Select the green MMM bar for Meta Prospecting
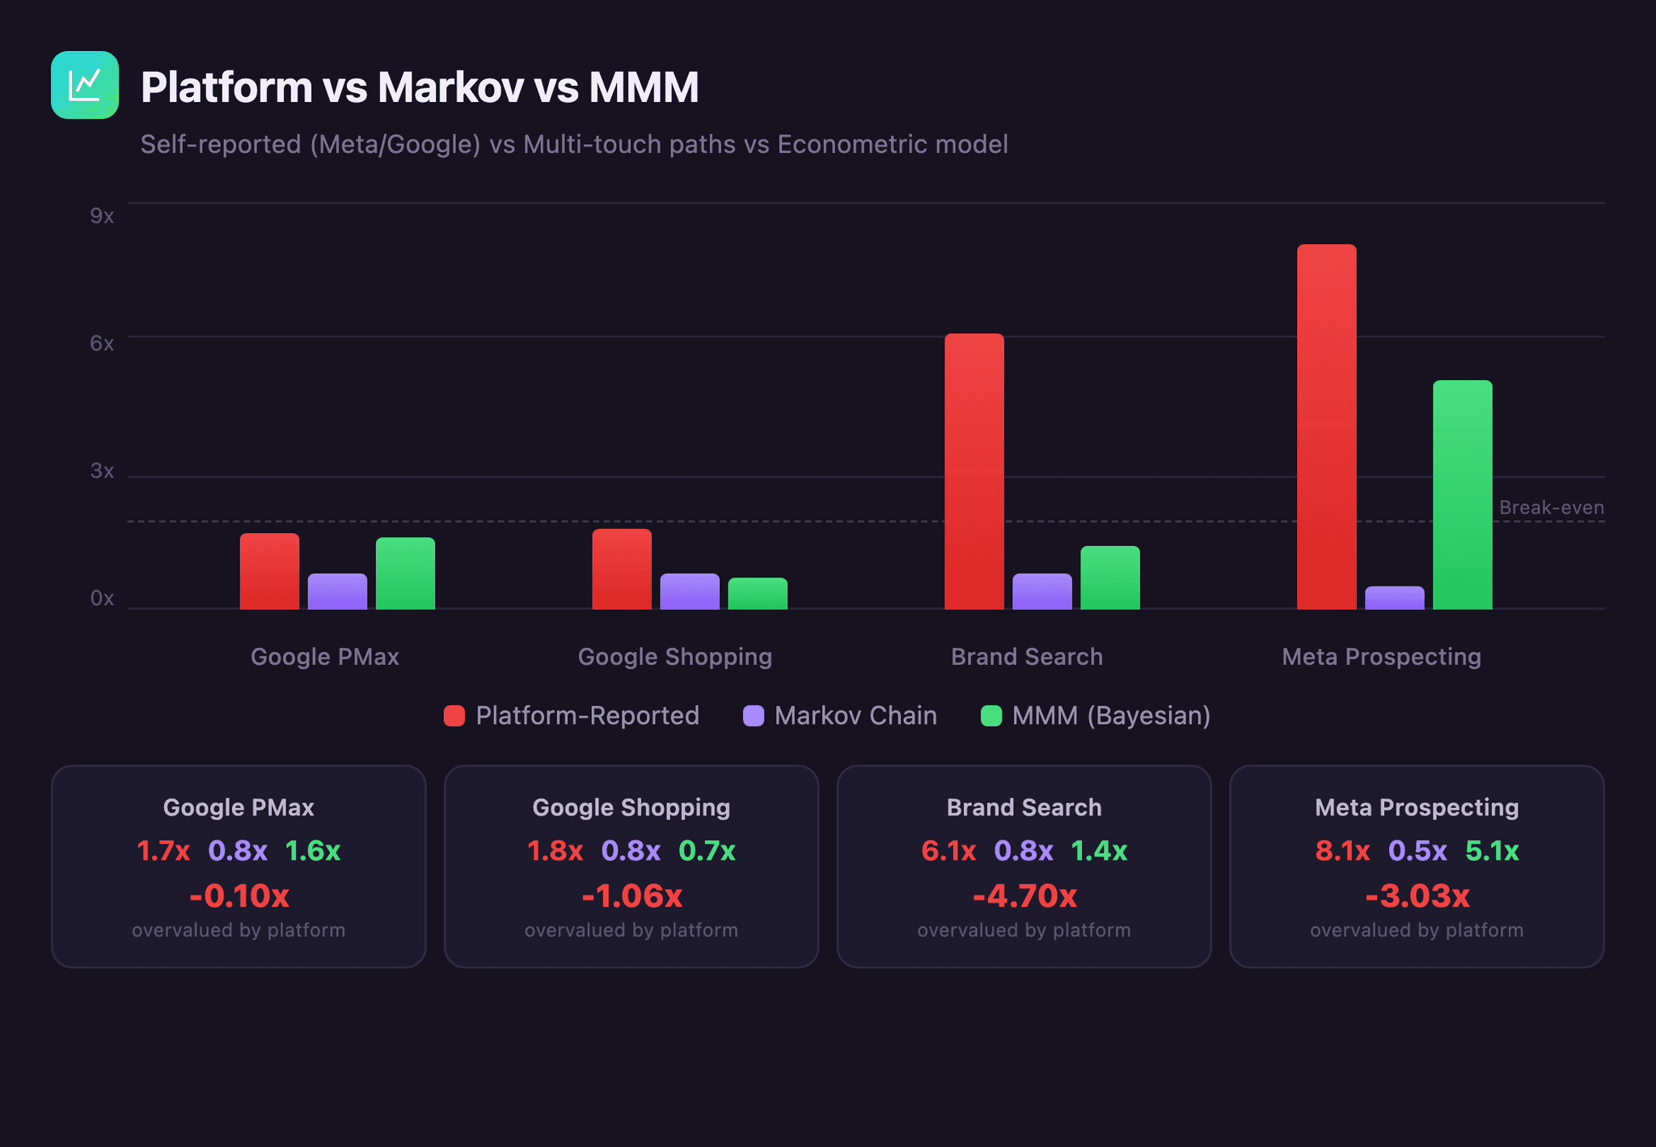[1462, 494]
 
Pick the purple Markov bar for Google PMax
[337, 591]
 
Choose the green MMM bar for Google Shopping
[757, 594]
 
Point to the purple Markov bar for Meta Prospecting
[1394, 598]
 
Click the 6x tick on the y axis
[102, 343]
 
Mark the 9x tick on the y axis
[102, 216]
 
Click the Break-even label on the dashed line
[1551, 507]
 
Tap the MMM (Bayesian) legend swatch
[991, 716]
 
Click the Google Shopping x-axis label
[674, 657]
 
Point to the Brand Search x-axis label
[1026, 657]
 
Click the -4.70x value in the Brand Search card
[1024, 895]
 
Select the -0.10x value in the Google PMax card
[239, 895]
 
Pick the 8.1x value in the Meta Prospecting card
[1341, 851]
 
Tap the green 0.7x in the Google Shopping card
[707, 851]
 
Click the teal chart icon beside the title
[85, 85]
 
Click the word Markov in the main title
[450, 87]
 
